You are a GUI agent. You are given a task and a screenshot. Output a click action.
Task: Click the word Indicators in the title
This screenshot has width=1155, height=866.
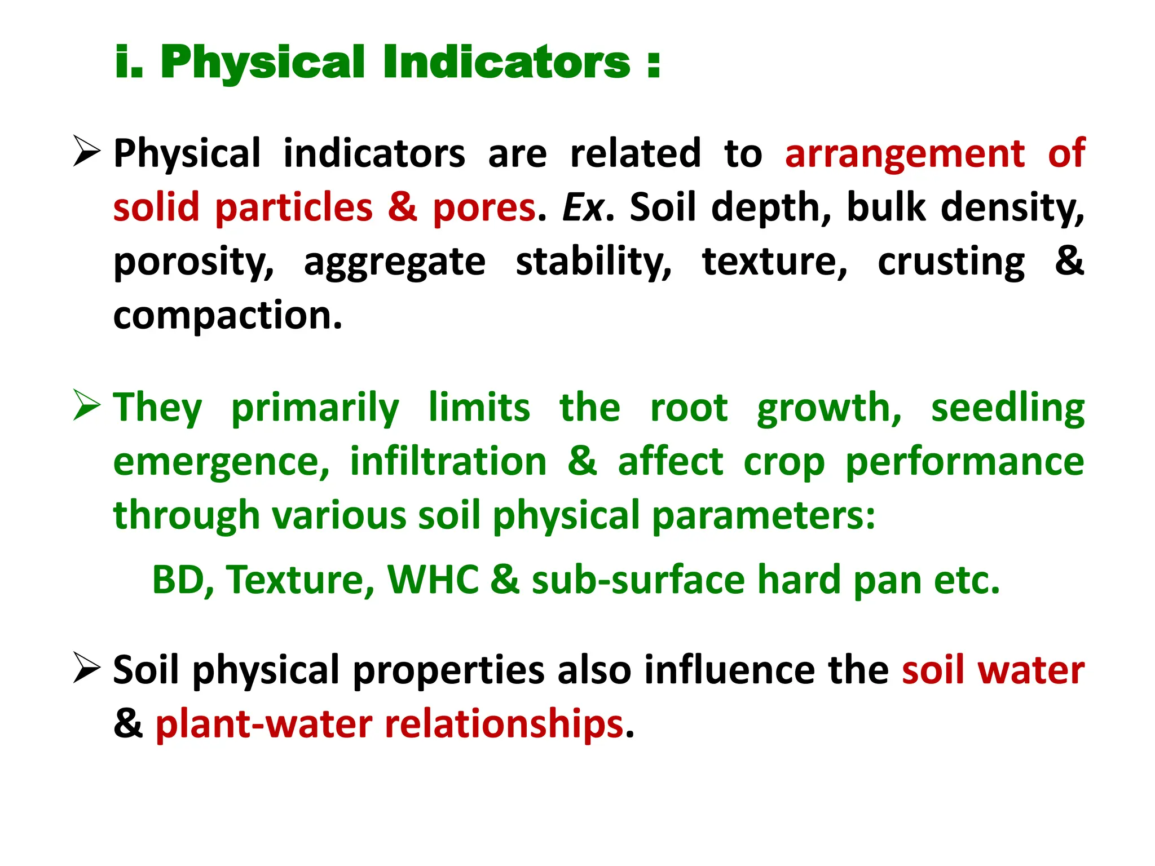[x=506, y=62]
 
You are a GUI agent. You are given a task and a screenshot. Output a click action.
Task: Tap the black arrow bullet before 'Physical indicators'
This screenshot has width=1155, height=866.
[x=86, y=152]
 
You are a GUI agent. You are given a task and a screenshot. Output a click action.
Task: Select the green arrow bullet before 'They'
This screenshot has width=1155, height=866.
[x=86, y=406]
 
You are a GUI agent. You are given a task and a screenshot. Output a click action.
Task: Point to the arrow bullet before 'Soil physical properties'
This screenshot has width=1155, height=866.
[x=86, y=668]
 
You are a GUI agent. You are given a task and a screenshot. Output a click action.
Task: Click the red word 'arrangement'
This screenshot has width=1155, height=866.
[x=905, y=153]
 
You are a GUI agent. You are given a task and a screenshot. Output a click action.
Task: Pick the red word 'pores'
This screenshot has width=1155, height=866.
[x=484, y=207]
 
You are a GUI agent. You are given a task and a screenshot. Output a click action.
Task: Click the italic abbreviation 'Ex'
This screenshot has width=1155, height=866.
[x=583, y=207]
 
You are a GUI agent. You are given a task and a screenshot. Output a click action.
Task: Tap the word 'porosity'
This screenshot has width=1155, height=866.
[x=193, y=263]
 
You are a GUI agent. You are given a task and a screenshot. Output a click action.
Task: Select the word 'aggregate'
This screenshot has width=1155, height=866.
[x=394, y=263]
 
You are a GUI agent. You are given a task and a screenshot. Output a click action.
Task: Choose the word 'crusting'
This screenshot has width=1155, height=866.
[x=951, y=263]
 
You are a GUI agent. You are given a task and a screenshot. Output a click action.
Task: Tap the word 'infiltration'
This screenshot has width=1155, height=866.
[x=448, y=462]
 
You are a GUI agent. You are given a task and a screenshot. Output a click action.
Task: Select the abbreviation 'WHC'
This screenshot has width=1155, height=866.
[x=433, y=580]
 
